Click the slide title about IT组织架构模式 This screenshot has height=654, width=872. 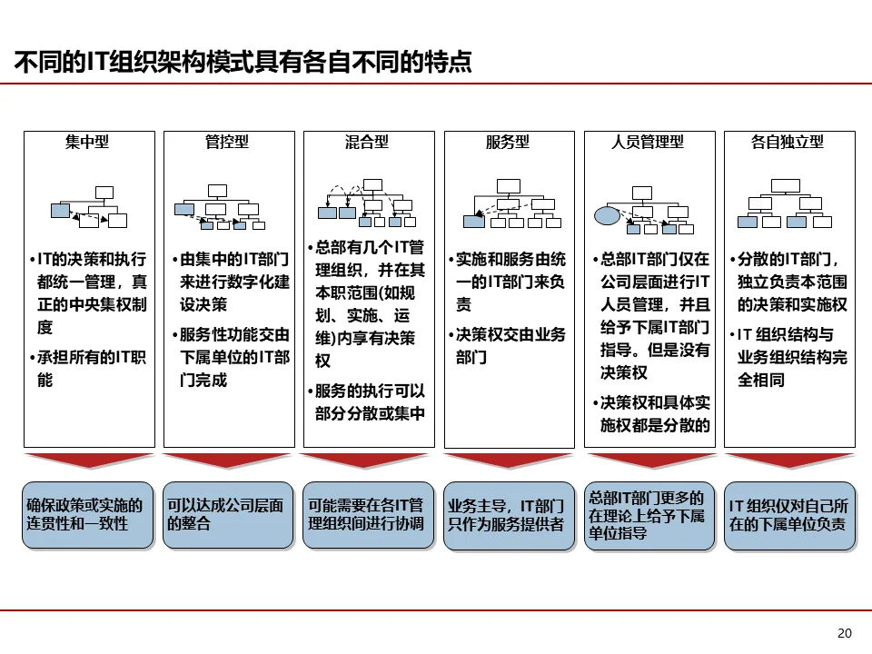[x=243, y=62]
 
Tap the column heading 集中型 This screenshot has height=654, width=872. [x=87, y=143]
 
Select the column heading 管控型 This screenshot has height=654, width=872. [x=228, y=143]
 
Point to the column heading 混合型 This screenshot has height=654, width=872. [x=368, y=143]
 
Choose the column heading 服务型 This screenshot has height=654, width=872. [x=509, y=143]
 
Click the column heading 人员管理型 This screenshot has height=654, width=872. [x=649, y=143]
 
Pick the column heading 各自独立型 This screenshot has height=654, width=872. [x=788, y=143]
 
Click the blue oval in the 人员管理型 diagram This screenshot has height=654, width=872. [x=607, y=216]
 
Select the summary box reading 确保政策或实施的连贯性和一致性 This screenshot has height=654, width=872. [x=87, y=515]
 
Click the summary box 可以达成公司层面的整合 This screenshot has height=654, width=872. [x=228, y=515]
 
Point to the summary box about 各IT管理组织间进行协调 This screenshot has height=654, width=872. [x=368, y=515]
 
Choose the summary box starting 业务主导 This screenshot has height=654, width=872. [x=509, y=515]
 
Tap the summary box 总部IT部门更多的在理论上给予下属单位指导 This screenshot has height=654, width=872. [x=649, y=515]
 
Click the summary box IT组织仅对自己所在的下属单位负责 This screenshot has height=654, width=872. [x=788, y=515]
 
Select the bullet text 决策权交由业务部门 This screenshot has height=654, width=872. [x=510, y=346]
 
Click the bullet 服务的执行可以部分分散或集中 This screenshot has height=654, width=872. [x=370, y=402]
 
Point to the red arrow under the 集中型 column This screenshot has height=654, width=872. [x=87, y=460]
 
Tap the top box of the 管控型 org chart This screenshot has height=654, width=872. [x=217, y=190]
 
